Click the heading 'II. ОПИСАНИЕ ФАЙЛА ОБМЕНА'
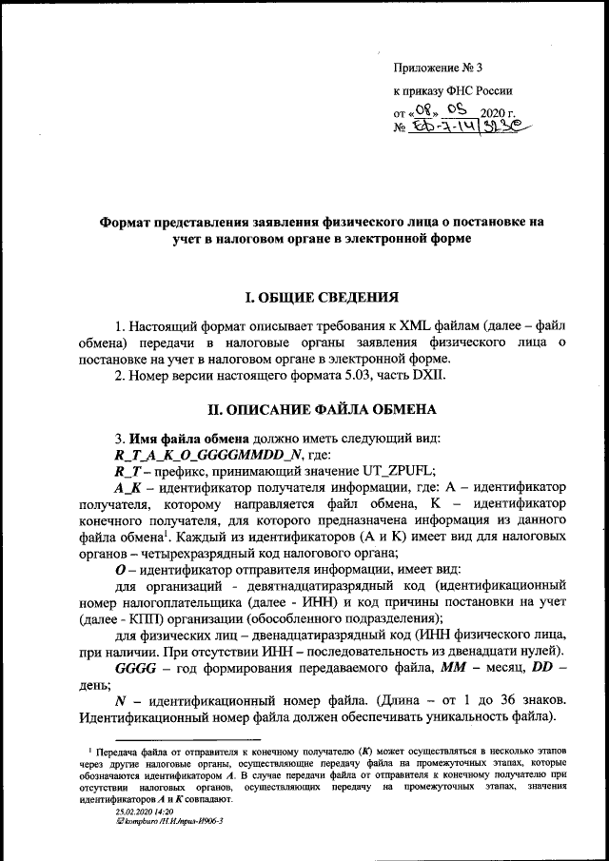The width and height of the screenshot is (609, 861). [323, 410]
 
